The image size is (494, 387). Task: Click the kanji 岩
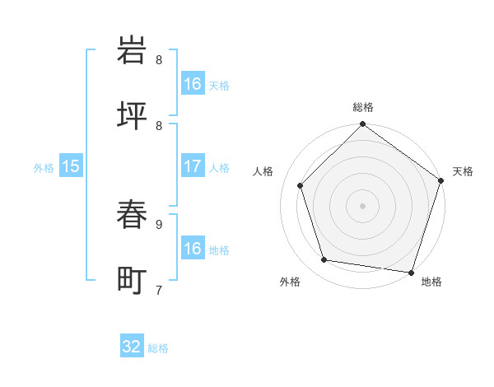click(133, 50)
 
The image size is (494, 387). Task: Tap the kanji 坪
click(133, 115)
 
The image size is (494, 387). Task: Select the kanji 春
click(133, 216)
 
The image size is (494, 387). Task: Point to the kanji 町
click(133, 280)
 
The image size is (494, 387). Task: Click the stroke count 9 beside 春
click(159, 223)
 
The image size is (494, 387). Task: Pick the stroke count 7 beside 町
click(159, 289)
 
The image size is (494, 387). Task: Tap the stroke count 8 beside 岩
click(159, 59)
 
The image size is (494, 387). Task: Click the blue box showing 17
click(193, 166)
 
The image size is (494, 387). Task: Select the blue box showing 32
click(132, 347)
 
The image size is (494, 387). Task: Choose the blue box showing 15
click(71, 166)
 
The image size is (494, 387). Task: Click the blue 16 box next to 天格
click(193, 84)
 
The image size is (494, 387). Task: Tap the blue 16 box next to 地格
click(193, 249)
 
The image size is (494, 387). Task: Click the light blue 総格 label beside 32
click(158, 348)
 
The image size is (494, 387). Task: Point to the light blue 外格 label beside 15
click(44, 167)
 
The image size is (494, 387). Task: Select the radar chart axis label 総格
click(363, 107)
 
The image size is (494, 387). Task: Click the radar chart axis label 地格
click(431, 282)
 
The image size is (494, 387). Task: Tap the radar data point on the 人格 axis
click(301, 185)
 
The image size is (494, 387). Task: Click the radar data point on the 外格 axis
click(324, 260)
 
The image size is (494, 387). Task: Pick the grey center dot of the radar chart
click(363, 205)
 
